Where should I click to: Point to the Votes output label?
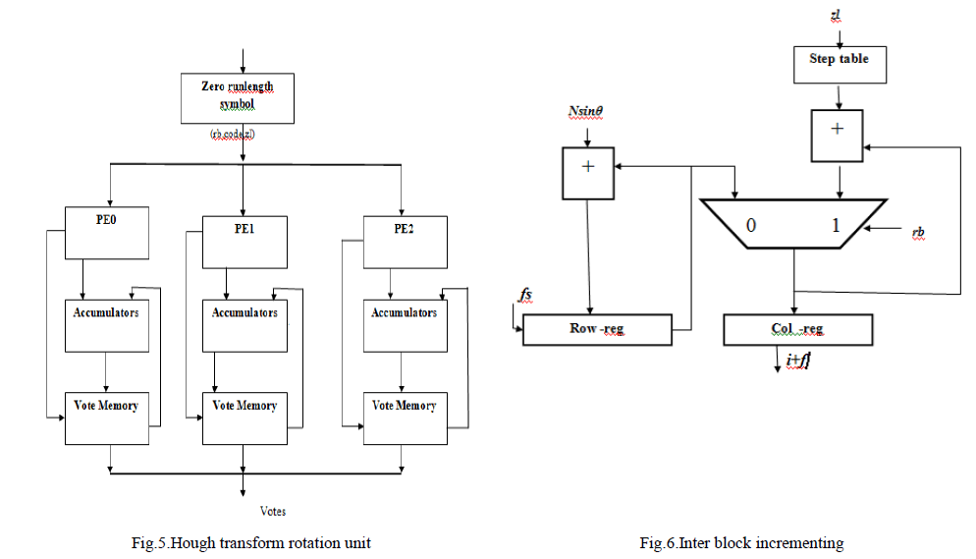(x=273, y=511)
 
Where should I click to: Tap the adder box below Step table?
(x=838, y=135)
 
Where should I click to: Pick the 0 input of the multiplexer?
(x=750, y=225)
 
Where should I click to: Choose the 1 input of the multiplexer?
(x=836, y=225)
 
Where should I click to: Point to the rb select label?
(x=918, y=233)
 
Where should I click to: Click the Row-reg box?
(x=597, y=330)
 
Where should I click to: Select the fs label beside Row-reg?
(x=524, y=293)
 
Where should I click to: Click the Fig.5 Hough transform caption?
(x=251, y=542)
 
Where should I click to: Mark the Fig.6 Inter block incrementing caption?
(x=740, y=542)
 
